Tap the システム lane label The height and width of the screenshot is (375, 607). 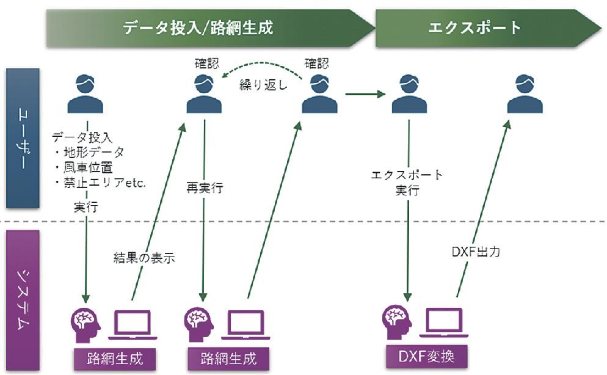[x=23, y=300]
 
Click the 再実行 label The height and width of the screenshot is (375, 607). [x=204, y=188]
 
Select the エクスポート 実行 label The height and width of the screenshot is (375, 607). [x=407, y=183]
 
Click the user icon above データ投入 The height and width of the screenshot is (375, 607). [x=85, y=94]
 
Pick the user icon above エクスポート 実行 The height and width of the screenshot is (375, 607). [x=409, y=94]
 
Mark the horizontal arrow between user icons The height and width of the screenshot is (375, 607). [x=365, y=94]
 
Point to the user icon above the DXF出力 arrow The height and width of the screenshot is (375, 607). [x=525, y=94]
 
